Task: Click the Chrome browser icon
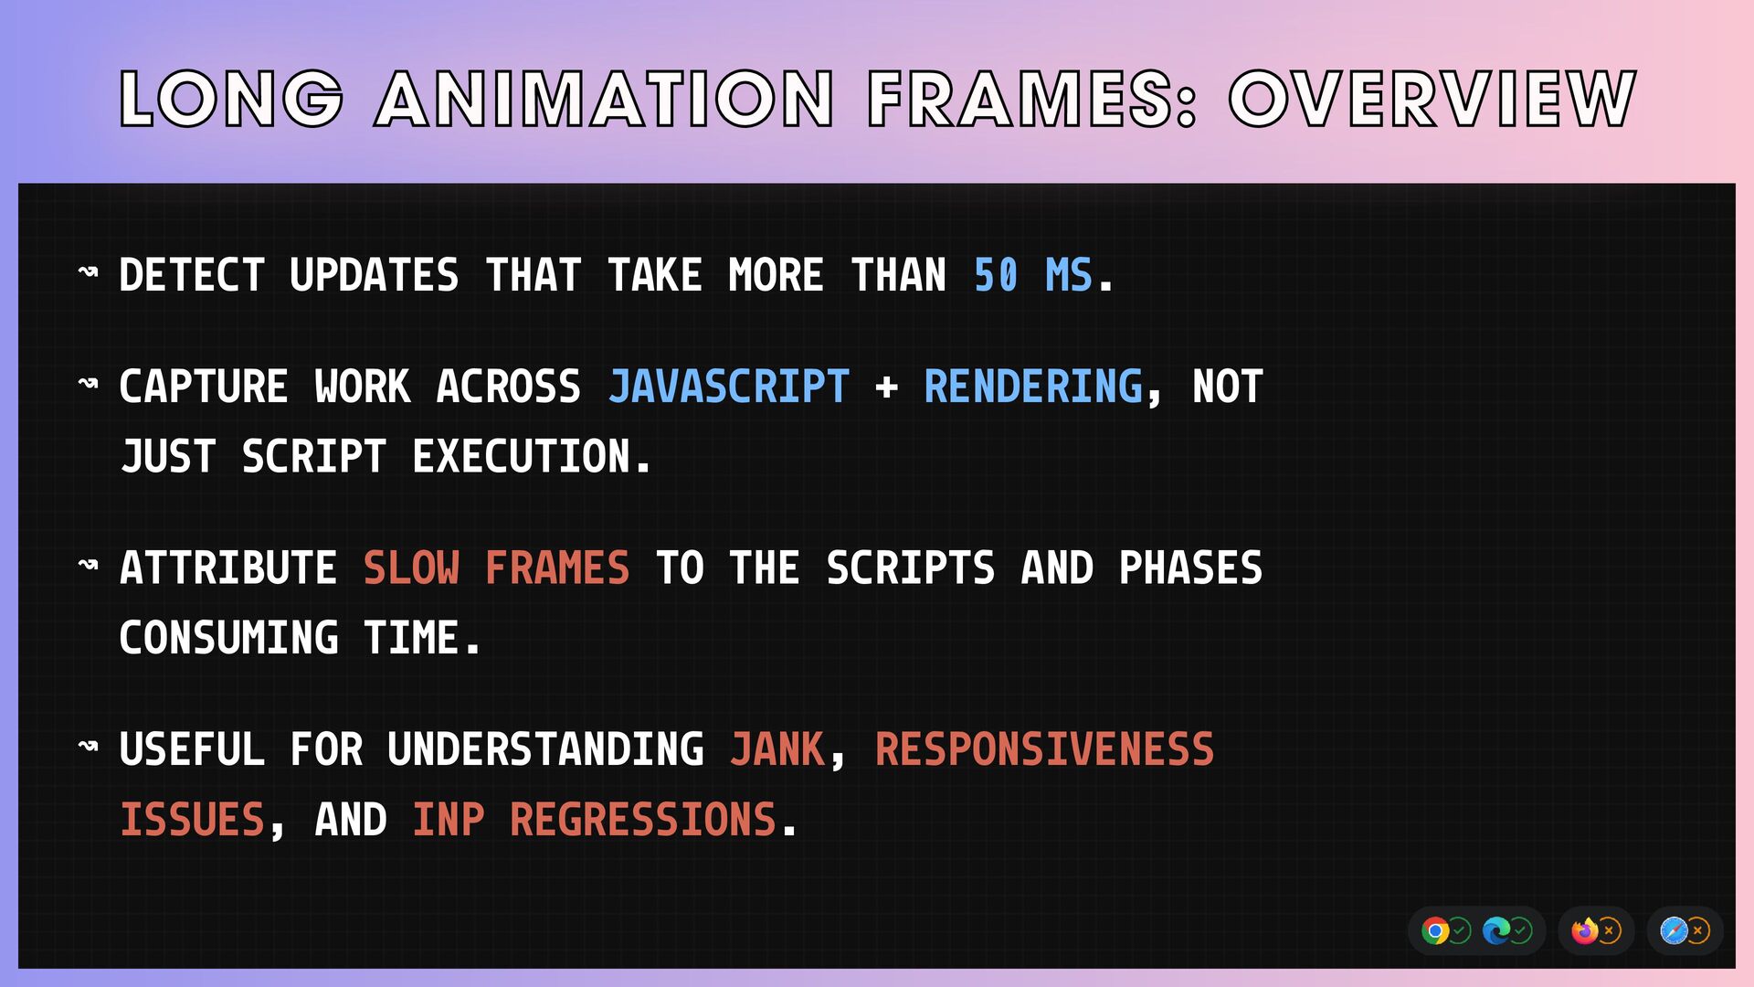(x=1435, y=931)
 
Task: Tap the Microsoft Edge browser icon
(x=1496, y=931)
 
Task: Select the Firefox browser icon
(x=1585, y=931)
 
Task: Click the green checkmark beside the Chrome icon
(x=1460, y=931)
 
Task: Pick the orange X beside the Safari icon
(x=1698, y=931)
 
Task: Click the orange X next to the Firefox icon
(x=1610, y=931)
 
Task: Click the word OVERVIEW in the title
(x=1432, y=99)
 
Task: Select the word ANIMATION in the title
(x=605, y=99)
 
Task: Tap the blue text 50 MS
(x=1032, y=275)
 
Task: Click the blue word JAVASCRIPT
(x=729, y=387)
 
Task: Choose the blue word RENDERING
(x=1033, y=387)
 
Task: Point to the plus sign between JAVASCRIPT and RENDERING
(x=886, y=387)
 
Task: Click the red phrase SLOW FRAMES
(x=497, y=568)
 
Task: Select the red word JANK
(x=777, y=749)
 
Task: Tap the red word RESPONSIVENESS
(x=1045, y=749)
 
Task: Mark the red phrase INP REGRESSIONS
(x=595, y=820)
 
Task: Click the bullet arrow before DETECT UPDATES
(x=88, y=271)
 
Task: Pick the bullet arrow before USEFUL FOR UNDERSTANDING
(x=88, y=746)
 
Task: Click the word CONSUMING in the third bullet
(x=229, y=638)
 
